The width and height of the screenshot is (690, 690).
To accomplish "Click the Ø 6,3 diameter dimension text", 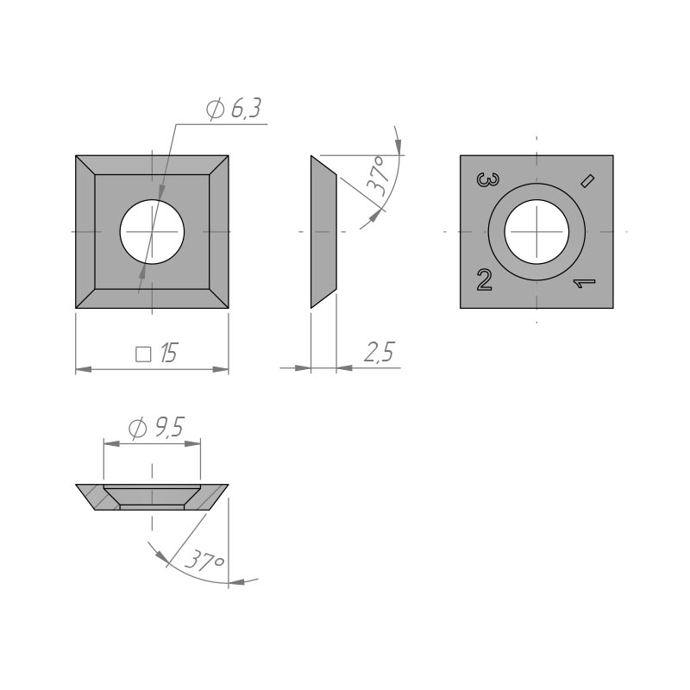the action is point(234,109).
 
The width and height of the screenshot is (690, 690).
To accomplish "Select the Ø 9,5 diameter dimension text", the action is point(156,428).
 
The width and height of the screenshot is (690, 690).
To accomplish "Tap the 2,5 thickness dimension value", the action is point(379,352).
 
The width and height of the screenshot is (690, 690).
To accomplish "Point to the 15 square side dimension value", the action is point(168,354).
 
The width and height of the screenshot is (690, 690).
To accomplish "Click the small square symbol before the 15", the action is point(143,354).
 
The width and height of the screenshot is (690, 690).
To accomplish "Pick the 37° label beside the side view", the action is point(379,175).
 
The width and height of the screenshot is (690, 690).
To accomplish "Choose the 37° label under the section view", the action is point(204,560).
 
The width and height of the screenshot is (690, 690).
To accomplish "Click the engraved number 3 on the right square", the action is point(488,179).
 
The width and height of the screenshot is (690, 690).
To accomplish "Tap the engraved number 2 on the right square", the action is point(485,279).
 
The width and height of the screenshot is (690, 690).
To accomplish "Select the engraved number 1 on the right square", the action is point(584,284).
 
